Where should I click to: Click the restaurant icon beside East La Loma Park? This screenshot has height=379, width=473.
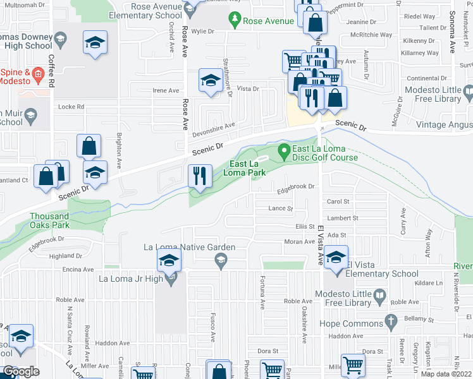point(200,175)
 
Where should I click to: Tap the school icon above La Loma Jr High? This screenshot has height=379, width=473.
point(169,260)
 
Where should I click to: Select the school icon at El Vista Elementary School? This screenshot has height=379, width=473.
point(336,260)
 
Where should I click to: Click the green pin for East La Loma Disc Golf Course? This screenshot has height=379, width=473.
point(284,150)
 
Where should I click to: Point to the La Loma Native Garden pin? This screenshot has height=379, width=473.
point(221,260)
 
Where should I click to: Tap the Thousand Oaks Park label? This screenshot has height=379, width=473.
point(59,220)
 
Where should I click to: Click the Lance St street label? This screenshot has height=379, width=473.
point(281,208)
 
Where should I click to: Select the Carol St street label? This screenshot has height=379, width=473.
point(338,202)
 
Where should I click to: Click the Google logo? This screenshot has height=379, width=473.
point(21,371)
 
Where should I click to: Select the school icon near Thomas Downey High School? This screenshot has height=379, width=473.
point(95,43)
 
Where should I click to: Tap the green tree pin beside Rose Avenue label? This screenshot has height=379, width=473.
point(235,21)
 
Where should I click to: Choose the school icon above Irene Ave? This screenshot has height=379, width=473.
point(211,80)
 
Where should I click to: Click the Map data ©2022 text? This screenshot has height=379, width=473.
point(446,374)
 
